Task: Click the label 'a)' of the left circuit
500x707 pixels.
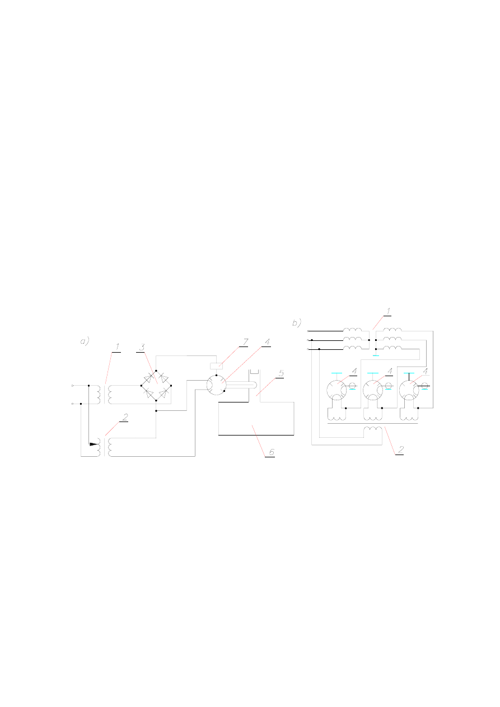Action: tap(85, 341)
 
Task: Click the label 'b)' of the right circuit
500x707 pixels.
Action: tap(296, 323)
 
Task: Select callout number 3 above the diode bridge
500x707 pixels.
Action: tap(142, 347)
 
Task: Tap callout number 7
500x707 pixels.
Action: tap(245, 342)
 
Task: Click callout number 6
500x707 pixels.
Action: tap(272, 452)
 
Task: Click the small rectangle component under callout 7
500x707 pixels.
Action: tap(216, 366)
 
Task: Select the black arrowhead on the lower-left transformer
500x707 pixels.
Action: tap(94, 444)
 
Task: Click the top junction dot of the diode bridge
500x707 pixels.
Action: tap(156, 371)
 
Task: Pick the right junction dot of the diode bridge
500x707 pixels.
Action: tap(171, 385)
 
